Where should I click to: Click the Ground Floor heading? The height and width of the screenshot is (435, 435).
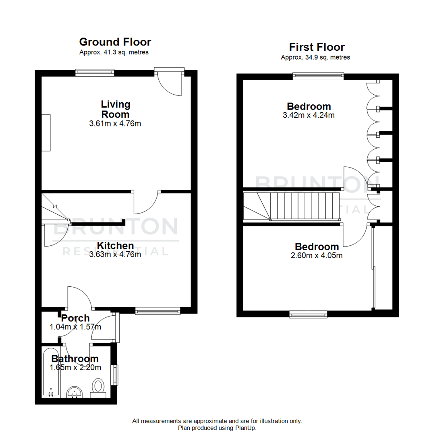point(115,42)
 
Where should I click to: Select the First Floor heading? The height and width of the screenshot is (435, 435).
point(317,47)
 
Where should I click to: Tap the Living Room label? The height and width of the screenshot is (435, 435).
point(115,109)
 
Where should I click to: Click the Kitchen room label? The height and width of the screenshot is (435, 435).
point(115,246)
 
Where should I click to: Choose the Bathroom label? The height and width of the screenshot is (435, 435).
point(75,359)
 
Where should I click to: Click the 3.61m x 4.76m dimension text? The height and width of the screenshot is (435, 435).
point(115,124)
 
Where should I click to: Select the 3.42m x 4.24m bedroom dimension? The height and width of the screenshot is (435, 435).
point(309,115)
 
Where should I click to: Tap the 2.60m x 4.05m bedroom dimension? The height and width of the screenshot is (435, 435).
point(317,255)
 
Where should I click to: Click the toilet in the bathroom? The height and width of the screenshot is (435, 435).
point(98,387)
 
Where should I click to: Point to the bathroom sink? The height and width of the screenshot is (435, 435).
point(74,392)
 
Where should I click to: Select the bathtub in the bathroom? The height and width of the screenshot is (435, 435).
point(51,373)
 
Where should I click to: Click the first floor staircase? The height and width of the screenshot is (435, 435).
point(298,206)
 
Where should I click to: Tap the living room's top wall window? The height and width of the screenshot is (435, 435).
point(95,72)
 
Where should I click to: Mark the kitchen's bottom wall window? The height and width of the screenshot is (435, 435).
point(157,311)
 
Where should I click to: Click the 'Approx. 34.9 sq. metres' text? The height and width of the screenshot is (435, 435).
point(315,57)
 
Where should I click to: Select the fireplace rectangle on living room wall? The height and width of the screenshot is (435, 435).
point(46,133)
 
